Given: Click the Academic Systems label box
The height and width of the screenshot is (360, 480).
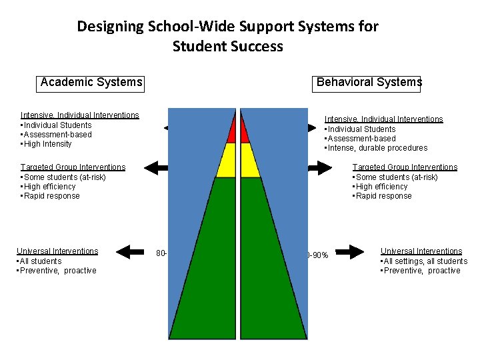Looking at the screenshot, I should click(x=91, y=82).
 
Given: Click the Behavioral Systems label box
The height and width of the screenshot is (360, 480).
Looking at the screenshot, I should click(x=368, y=82).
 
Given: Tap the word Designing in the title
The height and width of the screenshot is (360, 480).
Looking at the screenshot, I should click(x=109, y=27).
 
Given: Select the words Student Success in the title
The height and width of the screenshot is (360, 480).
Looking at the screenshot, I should click(x=227, y=47).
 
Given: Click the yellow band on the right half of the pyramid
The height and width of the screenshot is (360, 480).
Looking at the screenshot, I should click(x=249, y=160).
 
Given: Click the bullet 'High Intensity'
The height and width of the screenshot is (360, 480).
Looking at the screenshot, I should click(x=48, y=144).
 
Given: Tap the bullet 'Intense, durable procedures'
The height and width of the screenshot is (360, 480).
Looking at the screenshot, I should click(x=376, y=148).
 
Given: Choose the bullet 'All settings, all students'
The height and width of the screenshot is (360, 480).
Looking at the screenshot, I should click(x=424, y=261).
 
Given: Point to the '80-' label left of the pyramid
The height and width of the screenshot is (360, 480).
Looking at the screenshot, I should click(x=161, y=253).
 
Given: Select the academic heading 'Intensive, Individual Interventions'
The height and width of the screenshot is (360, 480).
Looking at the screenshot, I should click(x=79, y=115).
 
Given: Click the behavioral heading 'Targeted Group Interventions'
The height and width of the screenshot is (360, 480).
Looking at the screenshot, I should click(x=405, y=167).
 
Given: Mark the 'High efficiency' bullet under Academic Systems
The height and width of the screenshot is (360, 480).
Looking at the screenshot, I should click(x=49, y=187).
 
